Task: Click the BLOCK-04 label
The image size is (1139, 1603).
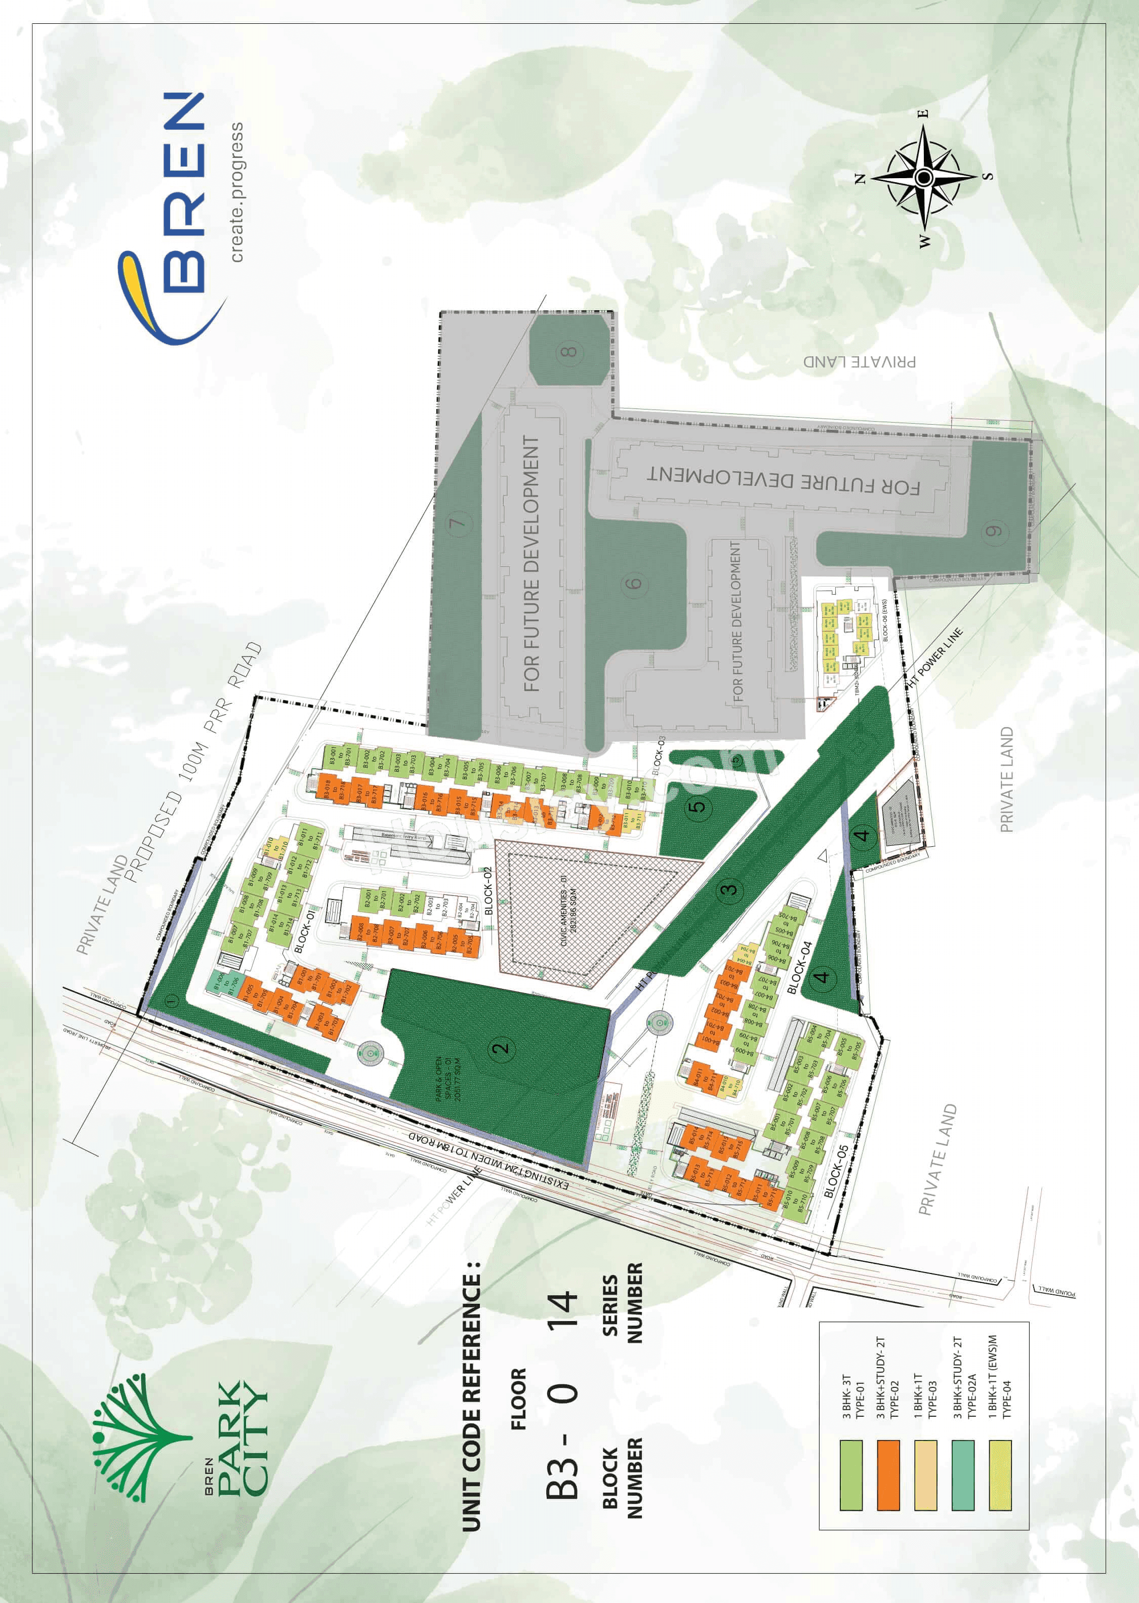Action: (x=799, y=968)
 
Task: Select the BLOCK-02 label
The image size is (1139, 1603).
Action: (x=488, y=890)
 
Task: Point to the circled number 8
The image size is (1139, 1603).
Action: (x=569, y=351)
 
